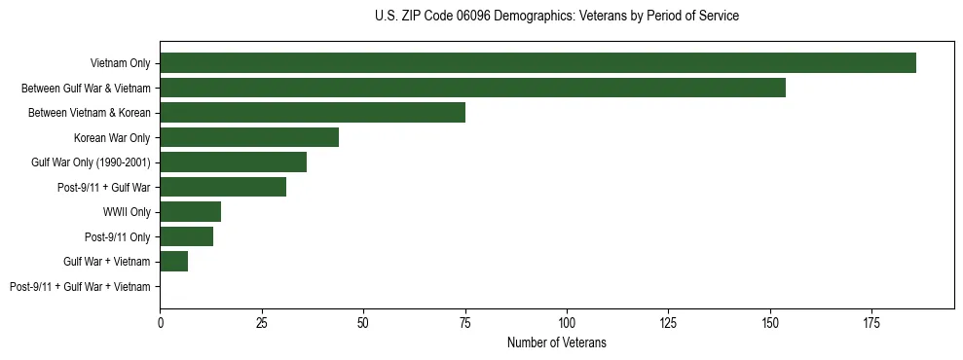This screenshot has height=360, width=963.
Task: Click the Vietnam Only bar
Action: click(537, 63)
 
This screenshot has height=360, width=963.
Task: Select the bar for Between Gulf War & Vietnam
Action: click(472, 88)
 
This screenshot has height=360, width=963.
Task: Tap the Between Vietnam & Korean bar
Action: click(313, 113)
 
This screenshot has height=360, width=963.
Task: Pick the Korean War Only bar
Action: click(249, 137)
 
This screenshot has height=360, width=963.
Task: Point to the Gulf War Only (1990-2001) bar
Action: click(234, 162)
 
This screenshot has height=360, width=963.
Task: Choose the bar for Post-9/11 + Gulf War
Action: click(223, 187)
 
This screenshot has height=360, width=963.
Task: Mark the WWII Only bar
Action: click(191, 211)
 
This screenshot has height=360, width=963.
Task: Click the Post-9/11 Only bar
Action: click(187, 236)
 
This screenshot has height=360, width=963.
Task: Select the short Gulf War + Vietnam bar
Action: click(174, 261)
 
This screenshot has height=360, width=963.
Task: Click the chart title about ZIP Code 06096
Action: click(556, 17)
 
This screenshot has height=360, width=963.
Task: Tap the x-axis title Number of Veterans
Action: click(556, 342)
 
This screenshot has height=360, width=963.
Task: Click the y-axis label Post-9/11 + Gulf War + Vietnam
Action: click(80, 286)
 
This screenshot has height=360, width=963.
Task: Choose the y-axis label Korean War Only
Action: click(112, 137)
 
